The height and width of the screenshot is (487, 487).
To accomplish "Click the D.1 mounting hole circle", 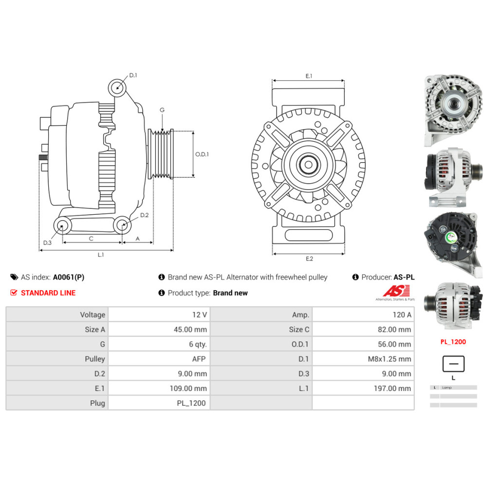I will pyautogui.click(x=117, y=88).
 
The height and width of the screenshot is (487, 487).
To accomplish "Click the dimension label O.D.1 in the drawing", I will pyautogui.click(x=202, y=154).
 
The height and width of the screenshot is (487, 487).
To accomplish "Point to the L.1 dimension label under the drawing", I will pyautogui.click(x=101, y=255).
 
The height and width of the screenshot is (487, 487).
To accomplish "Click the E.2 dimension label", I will pyautogui.click(x=309, y=259).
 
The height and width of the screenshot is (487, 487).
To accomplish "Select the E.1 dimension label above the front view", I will pyautogui.click(x=309, y=76).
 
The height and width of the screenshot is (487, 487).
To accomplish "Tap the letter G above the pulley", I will pyautogui.click(x=162, y=110).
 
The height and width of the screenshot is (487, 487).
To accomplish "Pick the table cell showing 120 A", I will pyautogui.click(x=363, y=315).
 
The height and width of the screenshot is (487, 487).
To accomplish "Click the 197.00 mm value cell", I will pyautogui.click(x=363, y=388).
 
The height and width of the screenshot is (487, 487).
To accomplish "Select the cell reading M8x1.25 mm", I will pyautogui.click(x=363, y=359).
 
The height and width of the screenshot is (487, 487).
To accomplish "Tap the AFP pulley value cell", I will pyautogui.click(x=159, y=359).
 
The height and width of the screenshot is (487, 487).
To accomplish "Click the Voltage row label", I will pyautogui.click(x=57, y=315).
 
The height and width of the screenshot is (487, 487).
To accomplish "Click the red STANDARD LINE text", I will pyautogui.click(x=48, y=293).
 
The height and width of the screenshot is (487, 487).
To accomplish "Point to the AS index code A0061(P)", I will pyautogui.click(x=68, y=277).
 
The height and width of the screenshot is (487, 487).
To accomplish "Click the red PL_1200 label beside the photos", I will pyautogui.click(x=453, y=342).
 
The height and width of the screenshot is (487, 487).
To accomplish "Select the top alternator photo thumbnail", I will pyautogui.click(x=453, y=111).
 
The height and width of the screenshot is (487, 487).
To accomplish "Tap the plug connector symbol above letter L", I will pyautogui.click(x=453, y=363).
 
